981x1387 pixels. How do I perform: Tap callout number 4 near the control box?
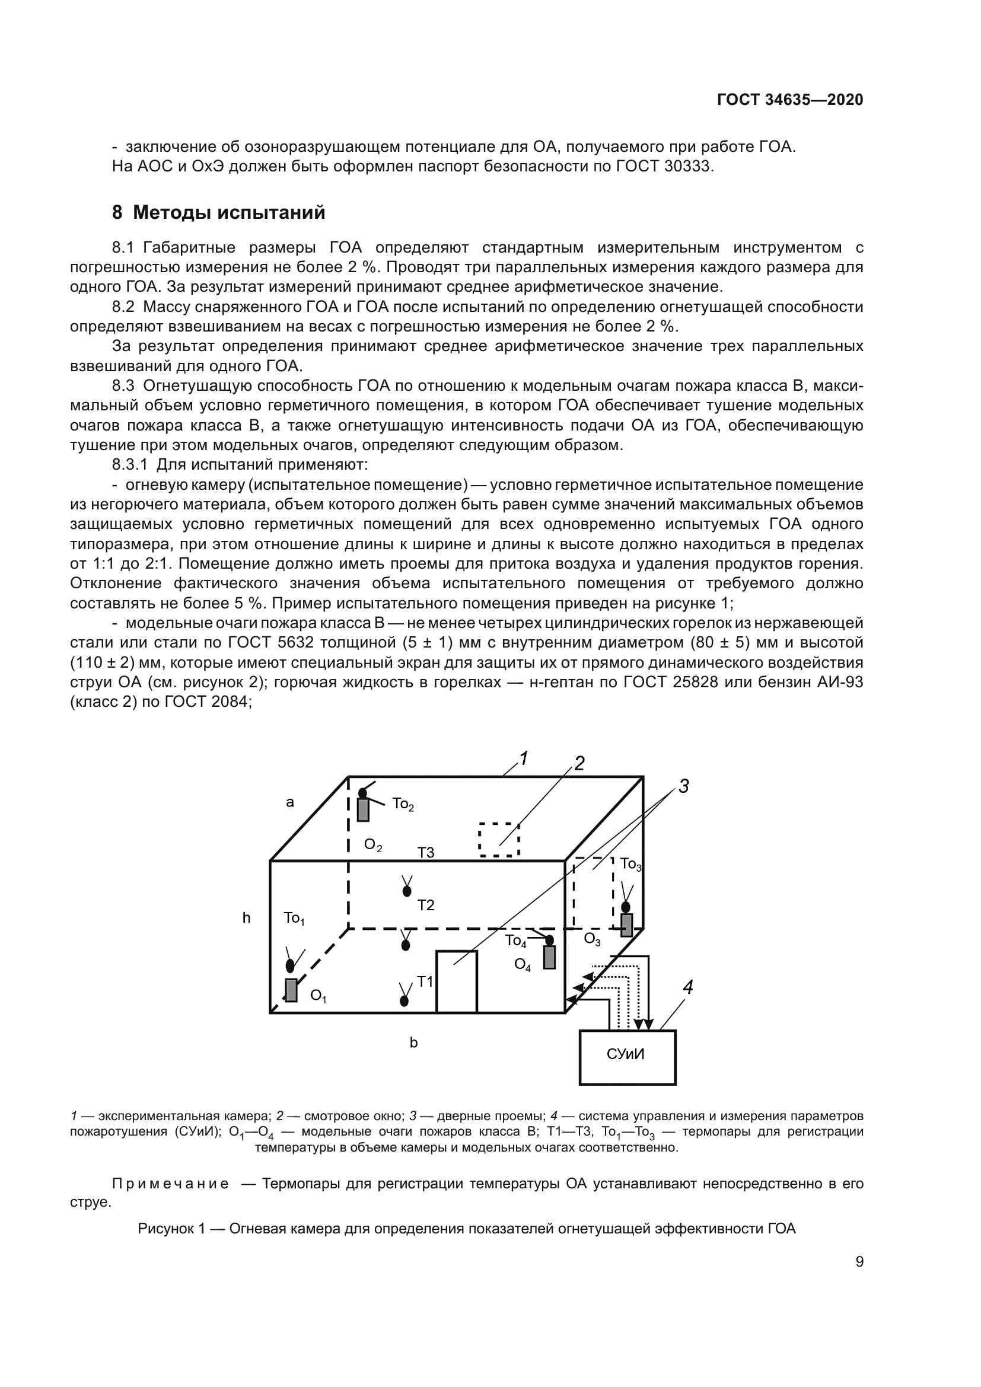click(687, 987)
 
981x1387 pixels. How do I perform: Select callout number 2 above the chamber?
click(579, 764)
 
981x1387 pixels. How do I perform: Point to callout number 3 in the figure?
click(683, 786)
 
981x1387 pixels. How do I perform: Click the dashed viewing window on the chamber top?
click(499, 840)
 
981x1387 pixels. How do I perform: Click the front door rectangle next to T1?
click(457, 981)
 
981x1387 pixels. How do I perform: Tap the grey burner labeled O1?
click(291, 990)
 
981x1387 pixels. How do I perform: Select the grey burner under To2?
click(363, 809)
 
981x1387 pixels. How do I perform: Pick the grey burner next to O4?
click(549, 958)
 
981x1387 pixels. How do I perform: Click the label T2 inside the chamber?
click(425, 905)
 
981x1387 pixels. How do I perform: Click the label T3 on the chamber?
click(425, 853)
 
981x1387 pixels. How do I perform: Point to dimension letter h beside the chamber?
click(247, 918)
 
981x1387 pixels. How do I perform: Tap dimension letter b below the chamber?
click(414, 1042)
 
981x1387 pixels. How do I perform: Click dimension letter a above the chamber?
click(290, 802)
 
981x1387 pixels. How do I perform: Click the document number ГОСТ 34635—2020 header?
click(790, 100)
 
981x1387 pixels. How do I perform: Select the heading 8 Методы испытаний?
click(219, 213)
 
